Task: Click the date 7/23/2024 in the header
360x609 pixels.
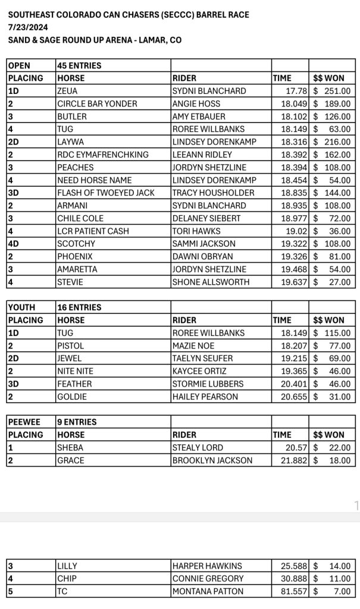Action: [29, 27]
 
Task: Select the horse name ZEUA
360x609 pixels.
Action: [68, 91]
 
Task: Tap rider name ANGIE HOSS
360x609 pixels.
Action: [196, 103]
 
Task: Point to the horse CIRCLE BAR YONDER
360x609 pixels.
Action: [97, 103]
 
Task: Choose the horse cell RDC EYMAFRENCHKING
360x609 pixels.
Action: [103, 155]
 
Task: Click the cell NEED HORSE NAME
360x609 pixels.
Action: [94, 180]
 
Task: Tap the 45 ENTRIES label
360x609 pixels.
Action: [79, 65]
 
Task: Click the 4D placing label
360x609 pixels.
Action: [15, 244]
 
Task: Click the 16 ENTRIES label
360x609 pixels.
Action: [79, 307]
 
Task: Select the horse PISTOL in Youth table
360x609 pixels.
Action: [70, 346]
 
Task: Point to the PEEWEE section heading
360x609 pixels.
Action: [24, 422]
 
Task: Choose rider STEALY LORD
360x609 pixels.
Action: [198, 448]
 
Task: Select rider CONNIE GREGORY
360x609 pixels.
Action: [208, 579]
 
